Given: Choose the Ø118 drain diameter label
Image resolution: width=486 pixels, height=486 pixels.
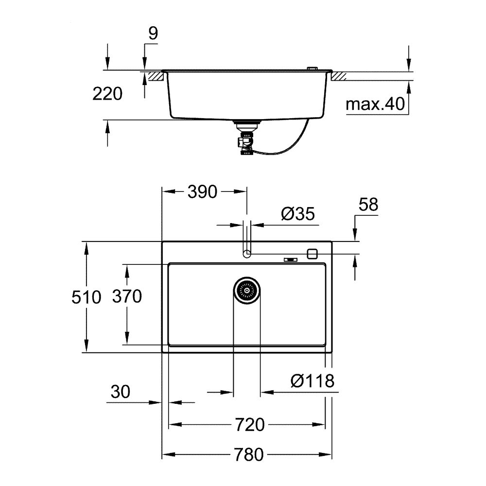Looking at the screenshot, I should click(312, 381).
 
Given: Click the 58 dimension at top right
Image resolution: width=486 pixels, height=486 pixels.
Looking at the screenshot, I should click(368, 205).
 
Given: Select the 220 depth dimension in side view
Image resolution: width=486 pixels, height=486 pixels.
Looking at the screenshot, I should click(107, 94).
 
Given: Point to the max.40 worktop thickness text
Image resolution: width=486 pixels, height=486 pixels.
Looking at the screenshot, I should click(376, 104).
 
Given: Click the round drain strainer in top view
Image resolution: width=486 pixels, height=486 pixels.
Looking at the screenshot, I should click(247, 291).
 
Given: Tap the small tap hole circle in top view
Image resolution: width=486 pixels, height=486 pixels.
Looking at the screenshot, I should click(246, 253).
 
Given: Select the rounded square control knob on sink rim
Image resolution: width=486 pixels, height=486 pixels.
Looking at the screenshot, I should click(312, 253).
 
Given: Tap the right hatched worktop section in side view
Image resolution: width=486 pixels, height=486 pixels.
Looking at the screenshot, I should click(339, 76).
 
